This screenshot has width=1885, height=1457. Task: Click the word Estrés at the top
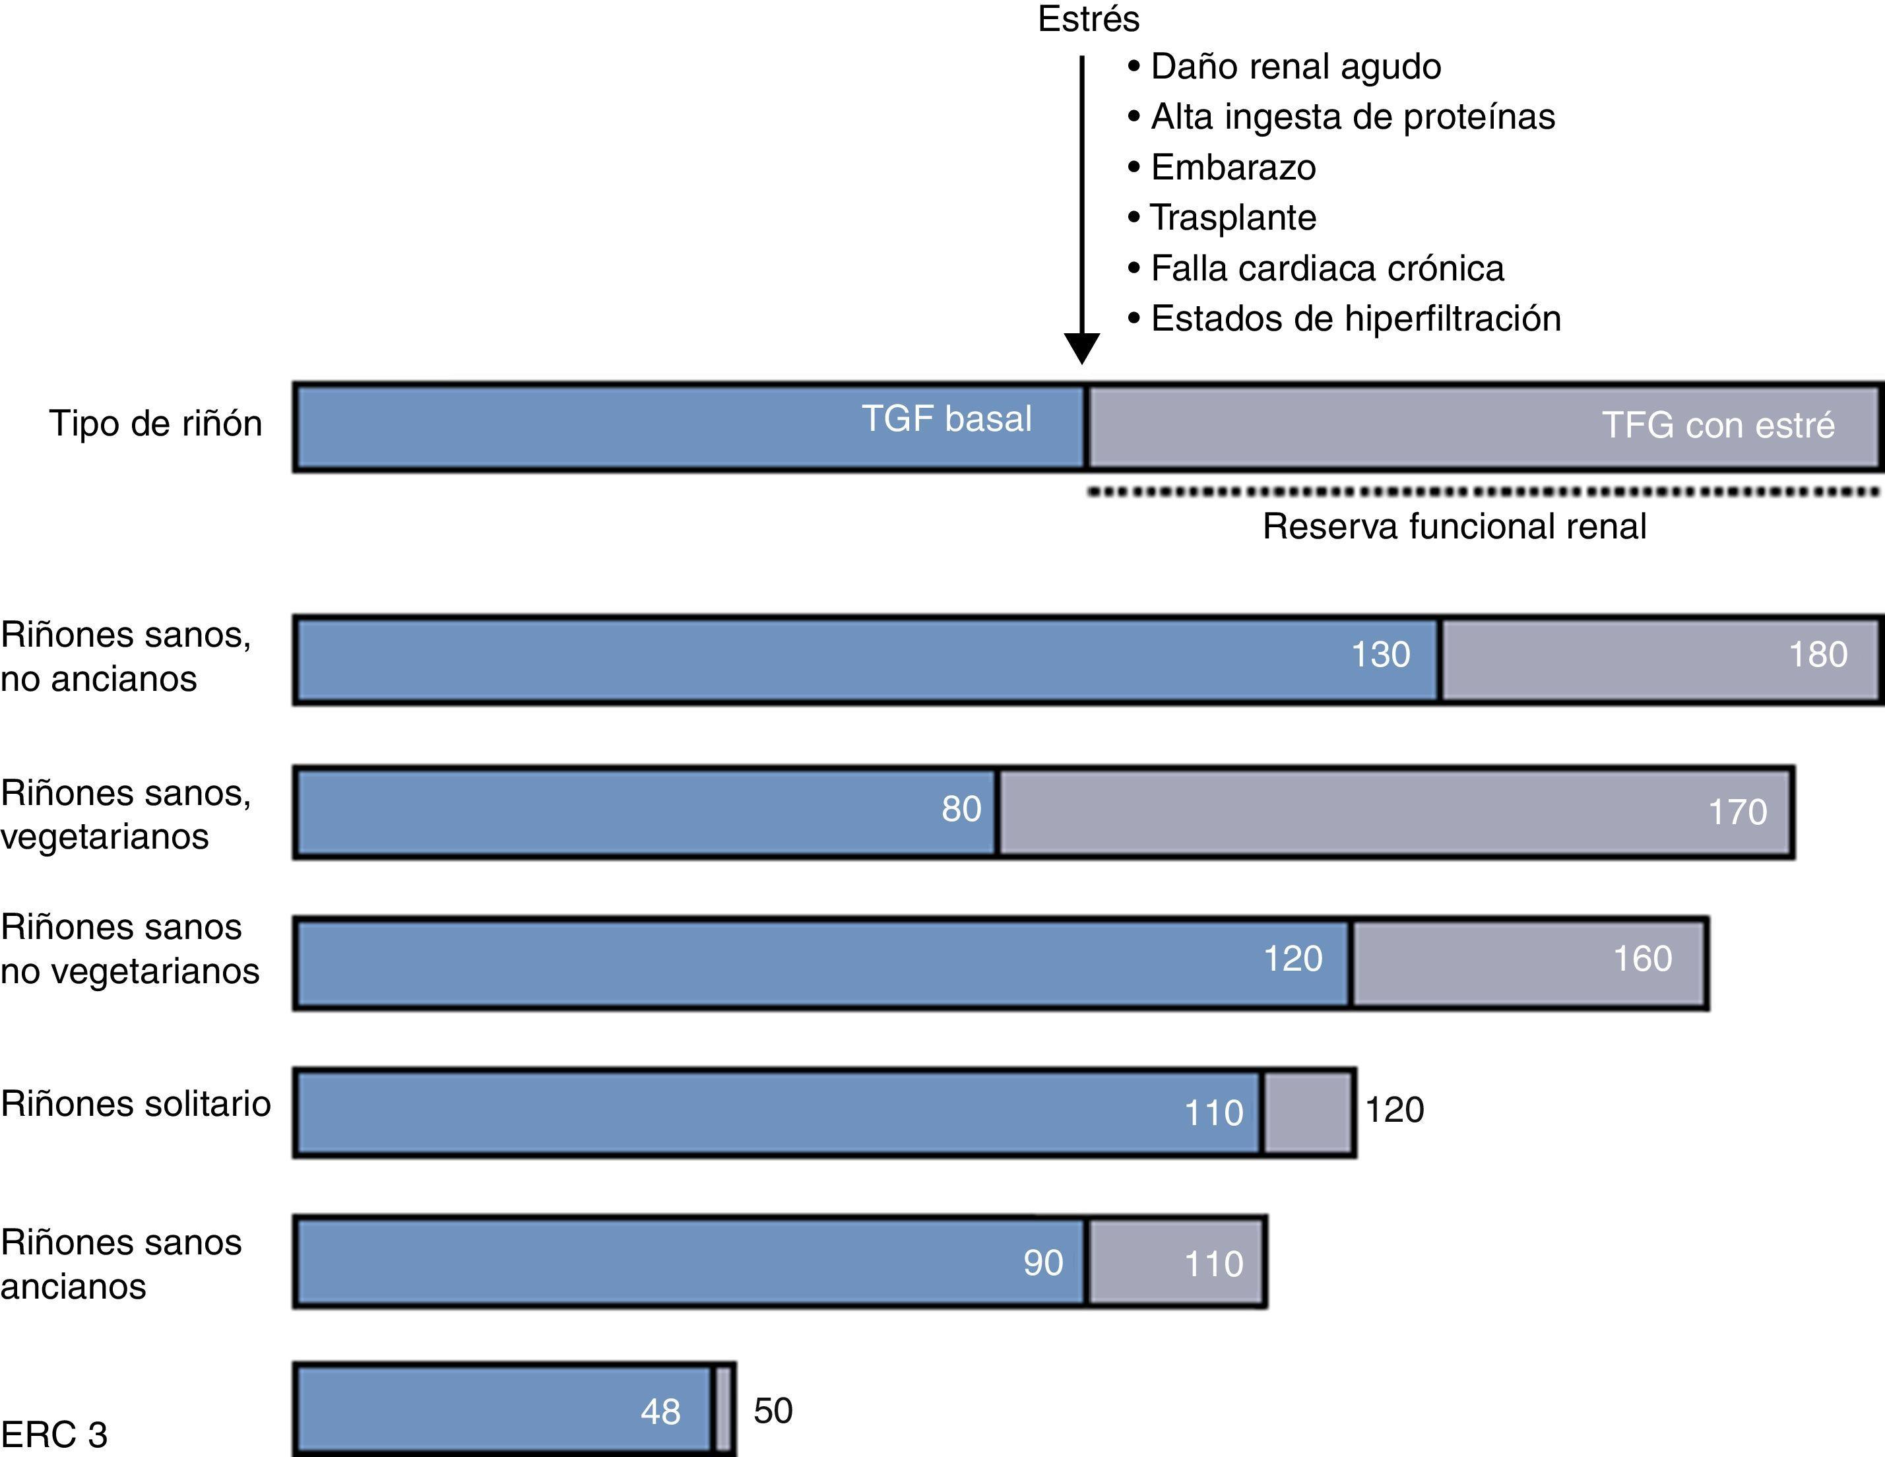coord(1089,19)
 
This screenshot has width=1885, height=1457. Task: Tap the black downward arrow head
coord(1081,348)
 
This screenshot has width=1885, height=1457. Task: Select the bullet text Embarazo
coord(1233,168)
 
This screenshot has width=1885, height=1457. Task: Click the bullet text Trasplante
coord(1233,218)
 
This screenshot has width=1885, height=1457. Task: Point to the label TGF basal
coord(946,418)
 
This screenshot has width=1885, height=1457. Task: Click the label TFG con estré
coord(1717,425)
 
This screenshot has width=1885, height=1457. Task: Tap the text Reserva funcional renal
coord(1454,526)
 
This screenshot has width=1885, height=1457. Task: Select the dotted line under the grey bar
coord(1482,492)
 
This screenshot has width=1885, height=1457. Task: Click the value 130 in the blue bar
coord(1380,655)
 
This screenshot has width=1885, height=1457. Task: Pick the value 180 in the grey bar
coord(1818,655)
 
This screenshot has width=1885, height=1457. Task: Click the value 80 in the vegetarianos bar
coord(961,809)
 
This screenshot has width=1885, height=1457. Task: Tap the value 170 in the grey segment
coord(1737,812)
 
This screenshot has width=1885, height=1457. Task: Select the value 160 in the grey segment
coord(1642,959)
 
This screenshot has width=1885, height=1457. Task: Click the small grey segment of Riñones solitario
coord(1308,1113)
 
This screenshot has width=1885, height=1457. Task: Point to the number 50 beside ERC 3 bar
coord(773,1410)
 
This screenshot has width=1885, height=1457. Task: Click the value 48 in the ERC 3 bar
coord(660,1411)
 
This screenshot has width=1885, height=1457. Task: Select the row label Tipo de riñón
coord(155,424)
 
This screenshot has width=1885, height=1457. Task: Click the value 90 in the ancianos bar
coord(1042,1263)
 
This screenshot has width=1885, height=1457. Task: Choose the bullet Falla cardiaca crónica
coord(1327,269)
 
